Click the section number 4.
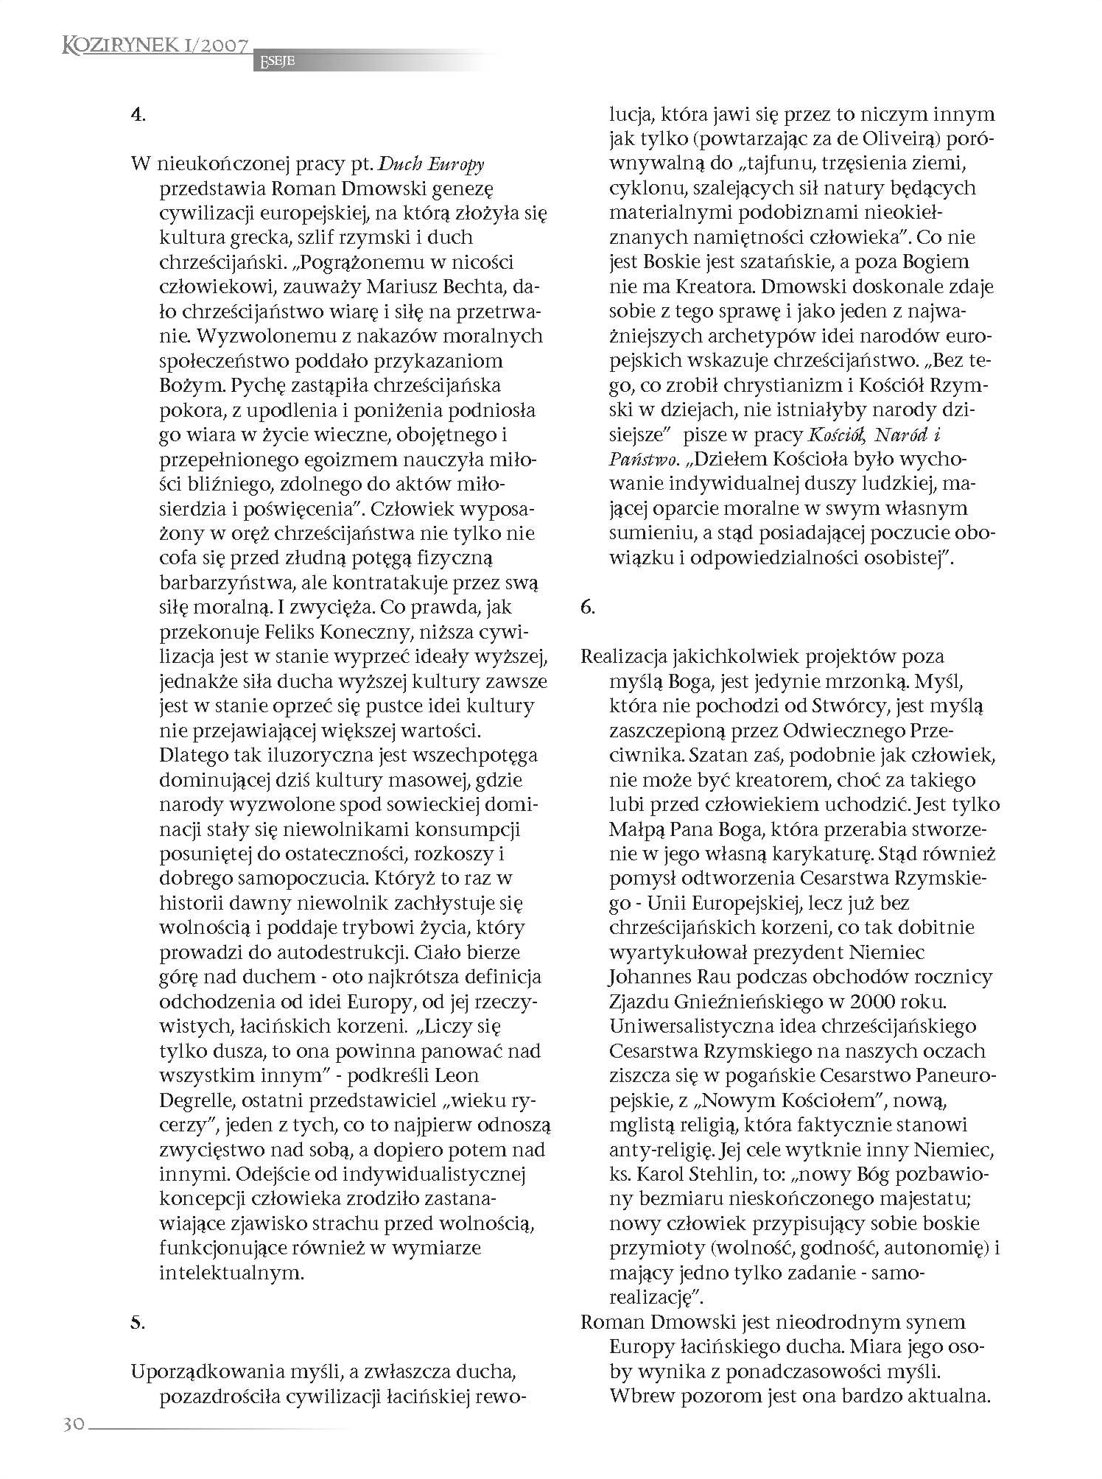coord(137,115)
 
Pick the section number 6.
coord(587,607)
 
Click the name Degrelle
coord(194,1100)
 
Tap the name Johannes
coord(650,977)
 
